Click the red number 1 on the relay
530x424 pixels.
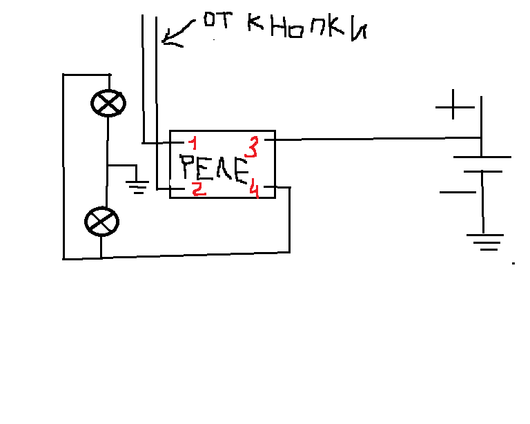193,144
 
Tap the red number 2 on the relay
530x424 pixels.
199,189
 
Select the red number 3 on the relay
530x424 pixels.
253,148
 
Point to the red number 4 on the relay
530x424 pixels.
254,189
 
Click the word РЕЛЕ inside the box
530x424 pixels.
213,168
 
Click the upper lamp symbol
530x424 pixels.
108,104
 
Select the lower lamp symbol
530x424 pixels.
101,222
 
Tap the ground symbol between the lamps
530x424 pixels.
139,184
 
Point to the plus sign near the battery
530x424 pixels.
455,108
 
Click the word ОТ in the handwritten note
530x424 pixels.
215,22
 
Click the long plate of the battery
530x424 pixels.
482,157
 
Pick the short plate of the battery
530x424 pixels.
482,171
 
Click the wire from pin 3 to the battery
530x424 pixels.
373,139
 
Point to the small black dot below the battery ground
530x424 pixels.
513,264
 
